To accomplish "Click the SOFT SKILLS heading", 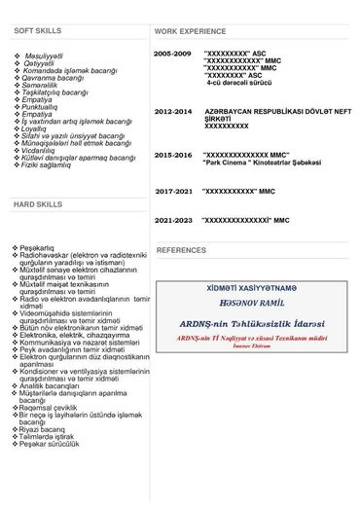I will coord(37,31).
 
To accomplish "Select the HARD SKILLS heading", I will coord(37,205).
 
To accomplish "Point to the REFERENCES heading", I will coord(181,250).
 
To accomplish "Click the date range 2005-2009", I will coord(172,53).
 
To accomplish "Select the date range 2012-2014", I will coord(173,112).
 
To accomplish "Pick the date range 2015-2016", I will coord(173,155).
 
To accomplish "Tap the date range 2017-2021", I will coord(173,192).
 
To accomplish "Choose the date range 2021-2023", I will coord(173,221).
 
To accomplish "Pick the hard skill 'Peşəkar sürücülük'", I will coord(55,479).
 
